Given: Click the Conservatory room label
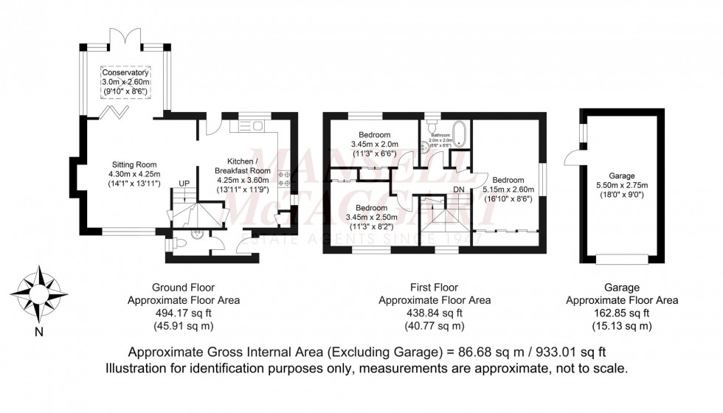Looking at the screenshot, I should (125, 73).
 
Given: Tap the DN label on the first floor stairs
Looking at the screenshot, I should (458, 189).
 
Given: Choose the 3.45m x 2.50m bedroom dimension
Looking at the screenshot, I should (373, 218).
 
